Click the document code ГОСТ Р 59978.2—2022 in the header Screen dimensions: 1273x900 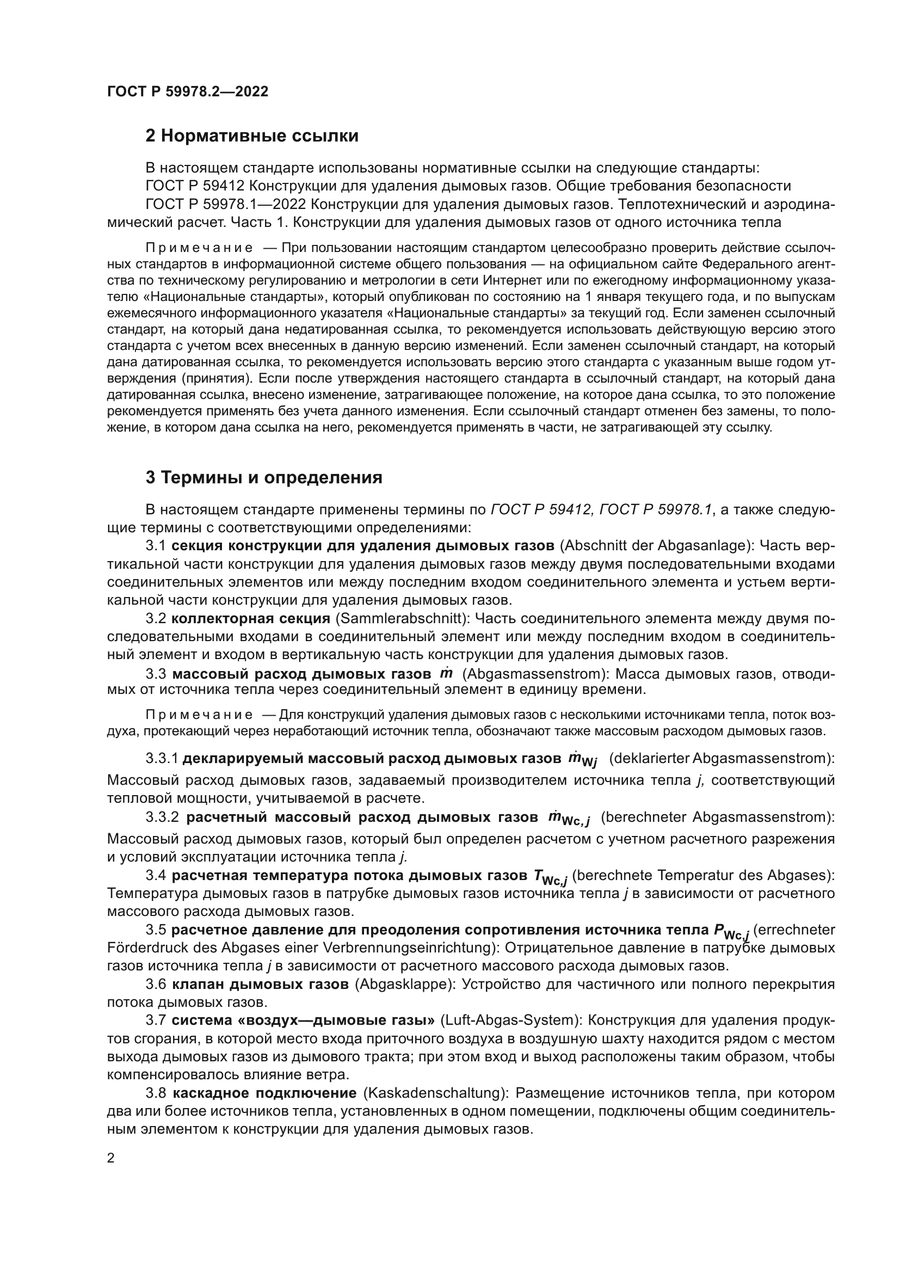[x=187, y=92]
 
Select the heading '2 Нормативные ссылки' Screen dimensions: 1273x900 [x=251, y=136]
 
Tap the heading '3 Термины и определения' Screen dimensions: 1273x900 [x=264, y=478]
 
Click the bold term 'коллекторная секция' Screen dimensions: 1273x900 [x=250, y=619]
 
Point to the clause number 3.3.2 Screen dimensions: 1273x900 [x=162, y=818]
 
